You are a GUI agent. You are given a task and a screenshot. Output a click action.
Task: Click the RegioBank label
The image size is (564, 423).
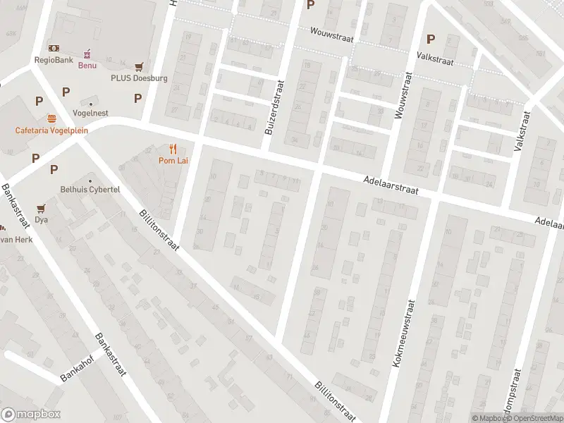point(54,60)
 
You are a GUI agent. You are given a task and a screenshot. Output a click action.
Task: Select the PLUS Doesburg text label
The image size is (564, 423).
point(139,78)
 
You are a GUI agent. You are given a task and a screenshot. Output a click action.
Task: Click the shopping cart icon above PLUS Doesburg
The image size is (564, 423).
point(139,66)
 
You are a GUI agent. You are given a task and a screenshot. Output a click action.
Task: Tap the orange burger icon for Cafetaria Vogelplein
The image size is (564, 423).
point(51,118)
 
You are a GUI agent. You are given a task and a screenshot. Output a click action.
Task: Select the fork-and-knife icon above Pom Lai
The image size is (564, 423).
point(173,149)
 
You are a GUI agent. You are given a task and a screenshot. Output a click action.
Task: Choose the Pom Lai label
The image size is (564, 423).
point(173,161)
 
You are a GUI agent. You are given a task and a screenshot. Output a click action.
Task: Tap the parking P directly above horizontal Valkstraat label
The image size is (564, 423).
point(430,39)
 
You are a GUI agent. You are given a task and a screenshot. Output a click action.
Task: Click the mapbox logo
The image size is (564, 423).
point(32,415)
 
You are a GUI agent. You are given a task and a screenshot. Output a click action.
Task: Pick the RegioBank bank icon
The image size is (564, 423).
point(54,48)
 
